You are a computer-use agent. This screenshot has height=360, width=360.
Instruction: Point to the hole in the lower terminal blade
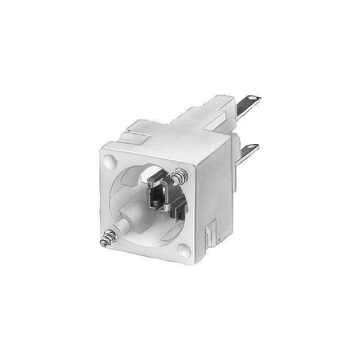(256, 144)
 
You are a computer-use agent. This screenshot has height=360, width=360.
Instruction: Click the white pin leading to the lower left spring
(123, 227)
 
